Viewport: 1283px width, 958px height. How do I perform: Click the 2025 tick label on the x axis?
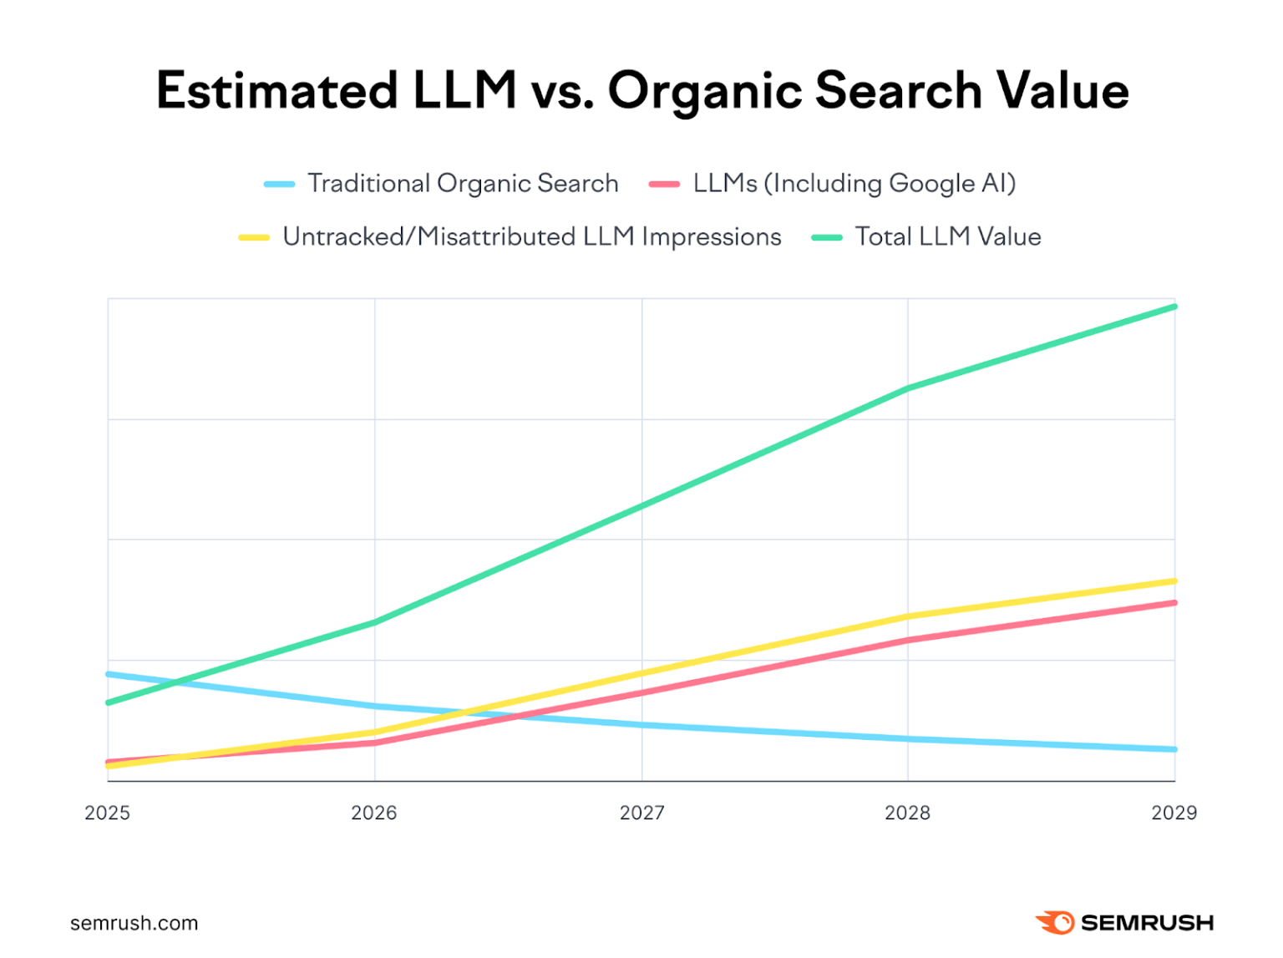click(107, 813)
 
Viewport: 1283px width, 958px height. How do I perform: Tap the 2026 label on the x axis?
click(374, 813)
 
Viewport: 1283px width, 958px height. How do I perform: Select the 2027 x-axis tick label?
click(641, 813)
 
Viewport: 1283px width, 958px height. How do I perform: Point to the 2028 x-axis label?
click(907, 813)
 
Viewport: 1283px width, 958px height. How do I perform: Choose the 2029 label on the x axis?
click(1174, 813)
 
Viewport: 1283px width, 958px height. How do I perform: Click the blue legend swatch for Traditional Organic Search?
click(279, 184)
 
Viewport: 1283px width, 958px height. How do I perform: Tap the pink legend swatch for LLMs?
click(664, 184)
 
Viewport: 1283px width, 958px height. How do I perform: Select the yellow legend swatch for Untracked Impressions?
click(254, 237)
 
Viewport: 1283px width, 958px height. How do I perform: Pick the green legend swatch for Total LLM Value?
click(827, 237)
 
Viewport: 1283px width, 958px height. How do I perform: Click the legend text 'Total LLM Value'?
click(948, 237)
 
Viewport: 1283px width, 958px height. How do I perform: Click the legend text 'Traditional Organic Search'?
click(463, 184)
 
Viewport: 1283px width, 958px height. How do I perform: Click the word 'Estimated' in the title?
click(276, 90)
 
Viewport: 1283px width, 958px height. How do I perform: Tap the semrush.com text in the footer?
click(134, 923)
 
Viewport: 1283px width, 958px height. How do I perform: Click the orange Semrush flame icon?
click(1054, 922)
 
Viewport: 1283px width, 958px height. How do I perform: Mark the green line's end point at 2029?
click(1174, 307)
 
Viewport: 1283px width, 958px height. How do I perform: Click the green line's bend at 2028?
click(908, 388)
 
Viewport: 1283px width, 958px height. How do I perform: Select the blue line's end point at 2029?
click(1174, 749)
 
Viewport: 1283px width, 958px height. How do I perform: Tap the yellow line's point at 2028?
click(908, 616)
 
